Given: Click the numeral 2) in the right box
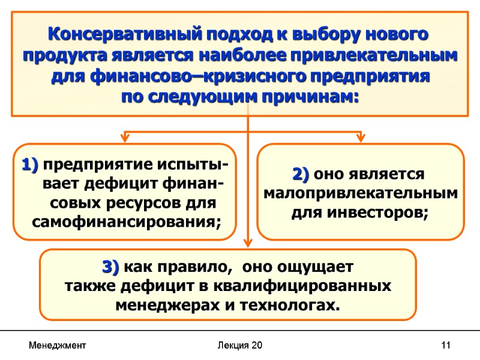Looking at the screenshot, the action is click(x=301, y=175).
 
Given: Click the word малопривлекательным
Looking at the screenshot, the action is click(x=361, y=194).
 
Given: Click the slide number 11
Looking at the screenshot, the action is click(x=445, y=346).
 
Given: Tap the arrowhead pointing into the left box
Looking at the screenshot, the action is click(x=125, y=139).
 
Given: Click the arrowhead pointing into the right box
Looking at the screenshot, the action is click(x=361, y=139).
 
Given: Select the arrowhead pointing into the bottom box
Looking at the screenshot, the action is click(x=247, y=244).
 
